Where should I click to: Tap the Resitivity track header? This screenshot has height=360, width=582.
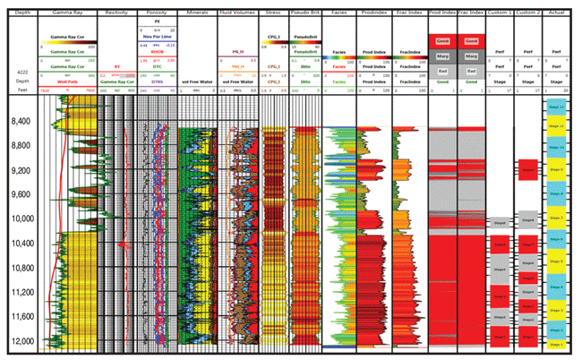coord(116,13)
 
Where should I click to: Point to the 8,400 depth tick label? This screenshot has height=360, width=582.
coord(21,121)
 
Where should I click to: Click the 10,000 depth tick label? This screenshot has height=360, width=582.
coord(21,219)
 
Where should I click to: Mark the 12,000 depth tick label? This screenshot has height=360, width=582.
coord(21,342)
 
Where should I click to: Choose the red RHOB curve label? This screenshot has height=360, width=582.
coord(156,52)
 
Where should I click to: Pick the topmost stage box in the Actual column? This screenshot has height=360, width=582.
coord(555,106)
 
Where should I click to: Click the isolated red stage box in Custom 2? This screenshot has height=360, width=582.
coord(527,170)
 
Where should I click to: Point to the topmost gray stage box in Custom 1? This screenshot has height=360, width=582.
coord(500,221)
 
